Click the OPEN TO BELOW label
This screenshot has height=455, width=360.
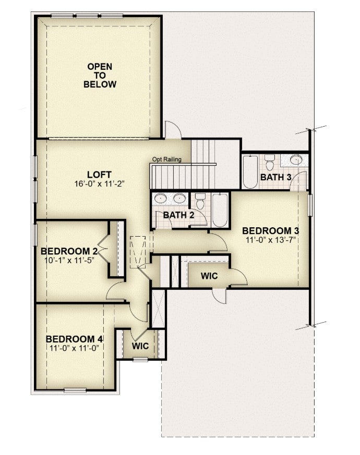pos(100,76)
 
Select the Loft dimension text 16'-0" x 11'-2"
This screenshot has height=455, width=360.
pos(99,183)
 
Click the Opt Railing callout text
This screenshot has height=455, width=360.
pos(167,159)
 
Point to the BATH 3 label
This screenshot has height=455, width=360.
pos(275,177)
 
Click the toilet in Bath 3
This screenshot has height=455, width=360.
pos(270,163)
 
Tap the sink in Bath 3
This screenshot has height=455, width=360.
pos(296,159)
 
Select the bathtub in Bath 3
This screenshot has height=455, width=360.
pos(250,172)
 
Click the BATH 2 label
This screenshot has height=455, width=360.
pos(178,215)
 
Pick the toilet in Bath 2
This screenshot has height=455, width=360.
pos(200,201)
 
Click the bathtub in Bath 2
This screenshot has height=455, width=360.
pos(220,211)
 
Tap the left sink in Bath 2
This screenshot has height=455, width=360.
pos(160,199)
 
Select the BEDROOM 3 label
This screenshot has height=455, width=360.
pos(270,231)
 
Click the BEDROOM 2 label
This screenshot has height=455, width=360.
pos(69,251)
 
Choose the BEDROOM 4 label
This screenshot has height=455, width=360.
pos(75,339)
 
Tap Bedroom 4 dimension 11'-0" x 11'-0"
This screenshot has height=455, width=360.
pos(75,348)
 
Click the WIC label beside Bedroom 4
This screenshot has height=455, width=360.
pos(140,346)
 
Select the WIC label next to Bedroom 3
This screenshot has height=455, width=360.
pos(209,276)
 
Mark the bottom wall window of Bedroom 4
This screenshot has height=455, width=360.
pos(75,390)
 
